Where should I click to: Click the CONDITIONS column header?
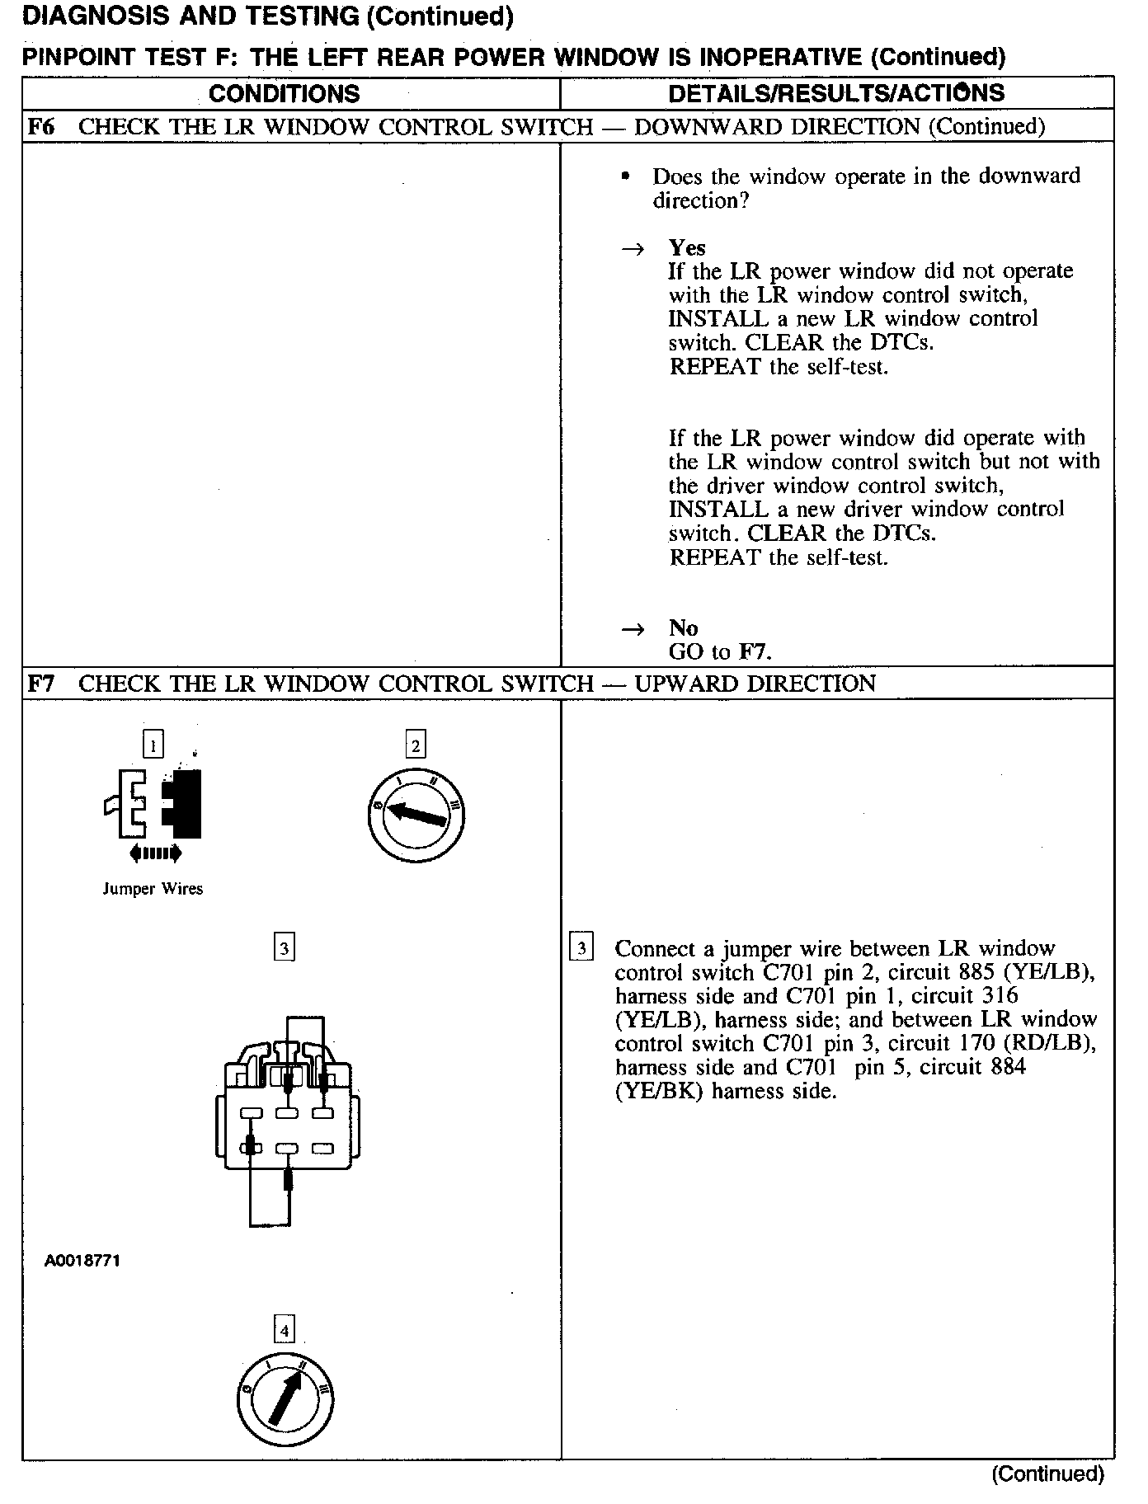285,93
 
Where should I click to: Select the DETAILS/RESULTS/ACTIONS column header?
836,93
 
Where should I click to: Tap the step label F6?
40,127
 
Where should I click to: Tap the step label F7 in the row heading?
40,684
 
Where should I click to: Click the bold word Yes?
687,248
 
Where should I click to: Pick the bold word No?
683,628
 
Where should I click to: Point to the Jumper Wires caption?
153,889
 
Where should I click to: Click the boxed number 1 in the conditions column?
153,745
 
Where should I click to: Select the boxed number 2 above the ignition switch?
416,745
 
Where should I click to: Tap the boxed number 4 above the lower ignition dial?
285,1330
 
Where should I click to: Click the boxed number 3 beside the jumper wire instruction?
581,948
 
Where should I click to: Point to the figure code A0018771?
82,1261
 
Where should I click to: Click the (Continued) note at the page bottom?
1047,1473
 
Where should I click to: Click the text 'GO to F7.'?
720,652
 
